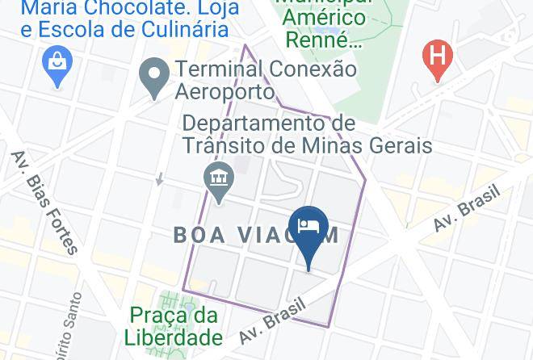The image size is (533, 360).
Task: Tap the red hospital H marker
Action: pyautogui.click(x=437, y=58)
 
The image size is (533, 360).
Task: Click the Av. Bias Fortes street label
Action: pyautogui.click(x=44, y=201)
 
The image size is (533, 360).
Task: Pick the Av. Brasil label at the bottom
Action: pyautogui.click(x=275, y=322)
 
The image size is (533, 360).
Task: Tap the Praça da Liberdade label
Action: pyautogui.click(x=173, y=325)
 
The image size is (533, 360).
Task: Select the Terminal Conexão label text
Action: pyautogui.click(x=266, y=69)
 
